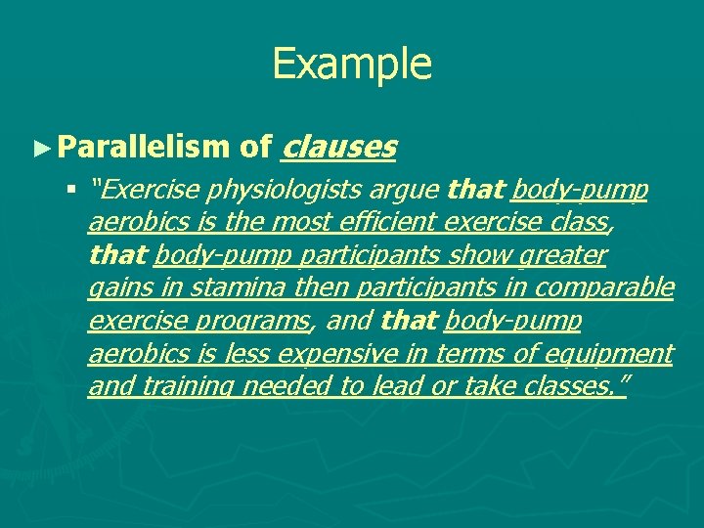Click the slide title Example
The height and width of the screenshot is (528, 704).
pyautogui.click(x=351, y=64)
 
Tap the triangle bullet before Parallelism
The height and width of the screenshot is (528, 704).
pyautogui.click(x=40, y=149)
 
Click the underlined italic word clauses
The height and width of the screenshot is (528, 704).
pyautogui.click(x=338, y=148)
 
